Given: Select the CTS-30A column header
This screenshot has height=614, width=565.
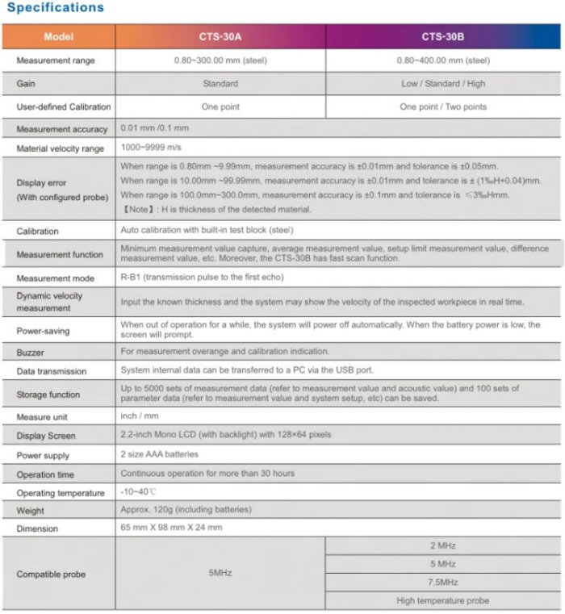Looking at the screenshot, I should pyautogui.click(x=220, y=36).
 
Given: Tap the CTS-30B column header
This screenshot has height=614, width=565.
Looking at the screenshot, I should pyautogui.click(x=442, y=36).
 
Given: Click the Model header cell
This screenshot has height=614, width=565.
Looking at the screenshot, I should pyautogui.click(x=58, y=36).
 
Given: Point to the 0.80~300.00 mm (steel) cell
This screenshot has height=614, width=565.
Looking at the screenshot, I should pyautogui.click(x=220, y=61).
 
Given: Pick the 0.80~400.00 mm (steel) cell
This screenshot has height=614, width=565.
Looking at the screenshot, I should pyautogui.click(x=442, y=61).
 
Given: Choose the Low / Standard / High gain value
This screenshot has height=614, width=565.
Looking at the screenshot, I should pyautogui.click(x=442, y=83).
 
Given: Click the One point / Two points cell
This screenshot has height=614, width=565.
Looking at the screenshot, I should pyautogui.click(x=442, y=107).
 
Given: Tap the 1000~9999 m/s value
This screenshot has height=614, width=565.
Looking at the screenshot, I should pyautogui.click(x=151, y=148).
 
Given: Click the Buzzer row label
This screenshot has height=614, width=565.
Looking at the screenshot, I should pyautogui.click(x=31, y=353).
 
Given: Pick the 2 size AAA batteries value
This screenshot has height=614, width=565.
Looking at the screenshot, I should pyautogui.click(x=160, y=455).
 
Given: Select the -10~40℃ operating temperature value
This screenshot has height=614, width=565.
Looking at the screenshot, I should pyautogui.click(x=139, y=492).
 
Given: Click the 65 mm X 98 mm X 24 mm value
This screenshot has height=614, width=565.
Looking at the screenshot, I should pyautogui.click(x=171, y=528).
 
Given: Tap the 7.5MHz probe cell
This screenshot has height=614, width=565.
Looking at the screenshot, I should pyautogui.click(x=442, y=582).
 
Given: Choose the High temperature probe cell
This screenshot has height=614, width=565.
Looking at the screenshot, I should pyautogui.click(x=442, y=600).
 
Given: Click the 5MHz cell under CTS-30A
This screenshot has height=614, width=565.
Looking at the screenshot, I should pyautogui.click(x=220, y=573).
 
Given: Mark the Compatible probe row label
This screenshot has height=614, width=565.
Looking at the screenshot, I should pyautogui.click(x=51, y=574).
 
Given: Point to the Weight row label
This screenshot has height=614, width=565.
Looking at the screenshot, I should pyautogui.click(x=31, y=511).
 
